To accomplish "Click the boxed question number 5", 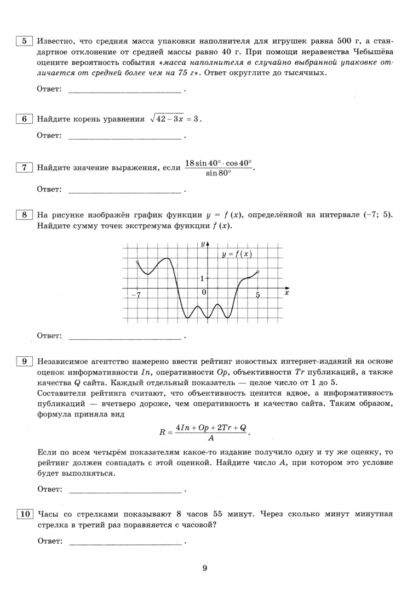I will click(x=24, y=41).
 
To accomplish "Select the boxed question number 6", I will click(x=24, y=119).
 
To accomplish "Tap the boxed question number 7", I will click(x=24, y=168).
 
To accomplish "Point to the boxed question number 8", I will click(x=24, y=215).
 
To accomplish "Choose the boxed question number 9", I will click(x=24, y=361).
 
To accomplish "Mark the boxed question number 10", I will click(x=25, y=514).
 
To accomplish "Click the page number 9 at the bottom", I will click(x=204, y=568).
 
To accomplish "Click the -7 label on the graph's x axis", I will click(x=136, y=295).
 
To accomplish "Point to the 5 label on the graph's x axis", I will click(x=257, y=295).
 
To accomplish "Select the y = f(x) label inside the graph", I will click(x=236, y=254).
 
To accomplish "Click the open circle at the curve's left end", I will click(x=137, y=263).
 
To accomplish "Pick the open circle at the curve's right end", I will click(x=257, y=271).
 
